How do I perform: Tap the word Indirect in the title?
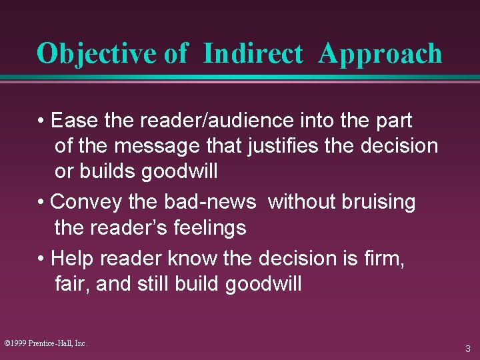pyautogui.click(x=253, y=53)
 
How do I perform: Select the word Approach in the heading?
pyautogui.click(x=380, y=55)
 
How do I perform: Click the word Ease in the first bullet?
pyautogui.click(x=74, y=120)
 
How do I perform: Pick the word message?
pyautogui.click(x=157, y=147)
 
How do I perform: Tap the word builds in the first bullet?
pyautogui.click(x=107, y=171)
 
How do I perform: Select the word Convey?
pyautogui.click(x=86, y=203)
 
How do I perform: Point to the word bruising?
pyautogui.click(x=379, y=203)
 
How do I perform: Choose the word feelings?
pyautogui.click(x=210, y=228)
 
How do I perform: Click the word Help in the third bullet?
pyautogui.click(x=72, y=259)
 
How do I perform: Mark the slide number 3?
pyautogui.click(x=468, y=349)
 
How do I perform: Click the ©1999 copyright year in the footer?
pyautogui.click(x=15, y=343)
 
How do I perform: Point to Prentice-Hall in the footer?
pyautogui.click(x=51, y=343)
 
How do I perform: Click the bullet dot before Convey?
pyautogui.click(x=41, y=202)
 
